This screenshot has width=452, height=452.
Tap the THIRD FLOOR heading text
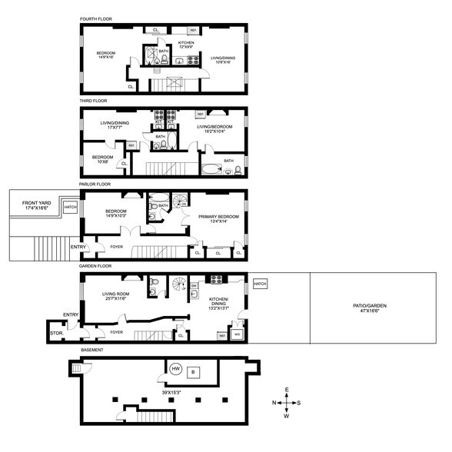pyautogui.click(x=93, y=101)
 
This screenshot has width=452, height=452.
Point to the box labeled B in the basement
pyautogui.click(x=194, y=372)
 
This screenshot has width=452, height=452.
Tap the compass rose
pyautogui.click(x=286, y=403)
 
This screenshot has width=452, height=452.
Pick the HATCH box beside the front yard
pyautogui.click(x=70, y=207)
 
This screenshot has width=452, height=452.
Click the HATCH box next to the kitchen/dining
pyautogui.click(x=259, y=284)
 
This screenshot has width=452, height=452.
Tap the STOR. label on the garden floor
pyautogui.click(x=55, y=334)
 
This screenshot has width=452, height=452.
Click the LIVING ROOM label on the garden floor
pyautogui.click(x=119, y=294)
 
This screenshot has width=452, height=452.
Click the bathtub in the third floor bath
pyautogui.click(x=210, y=170)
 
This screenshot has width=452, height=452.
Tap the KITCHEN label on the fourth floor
pyautogui.click(x=187, y=42)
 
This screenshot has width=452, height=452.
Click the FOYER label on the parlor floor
pyautogui.click(x=116, y=247)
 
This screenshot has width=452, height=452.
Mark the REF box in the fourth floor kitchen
pyautogui.click(x=193, y=31)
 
